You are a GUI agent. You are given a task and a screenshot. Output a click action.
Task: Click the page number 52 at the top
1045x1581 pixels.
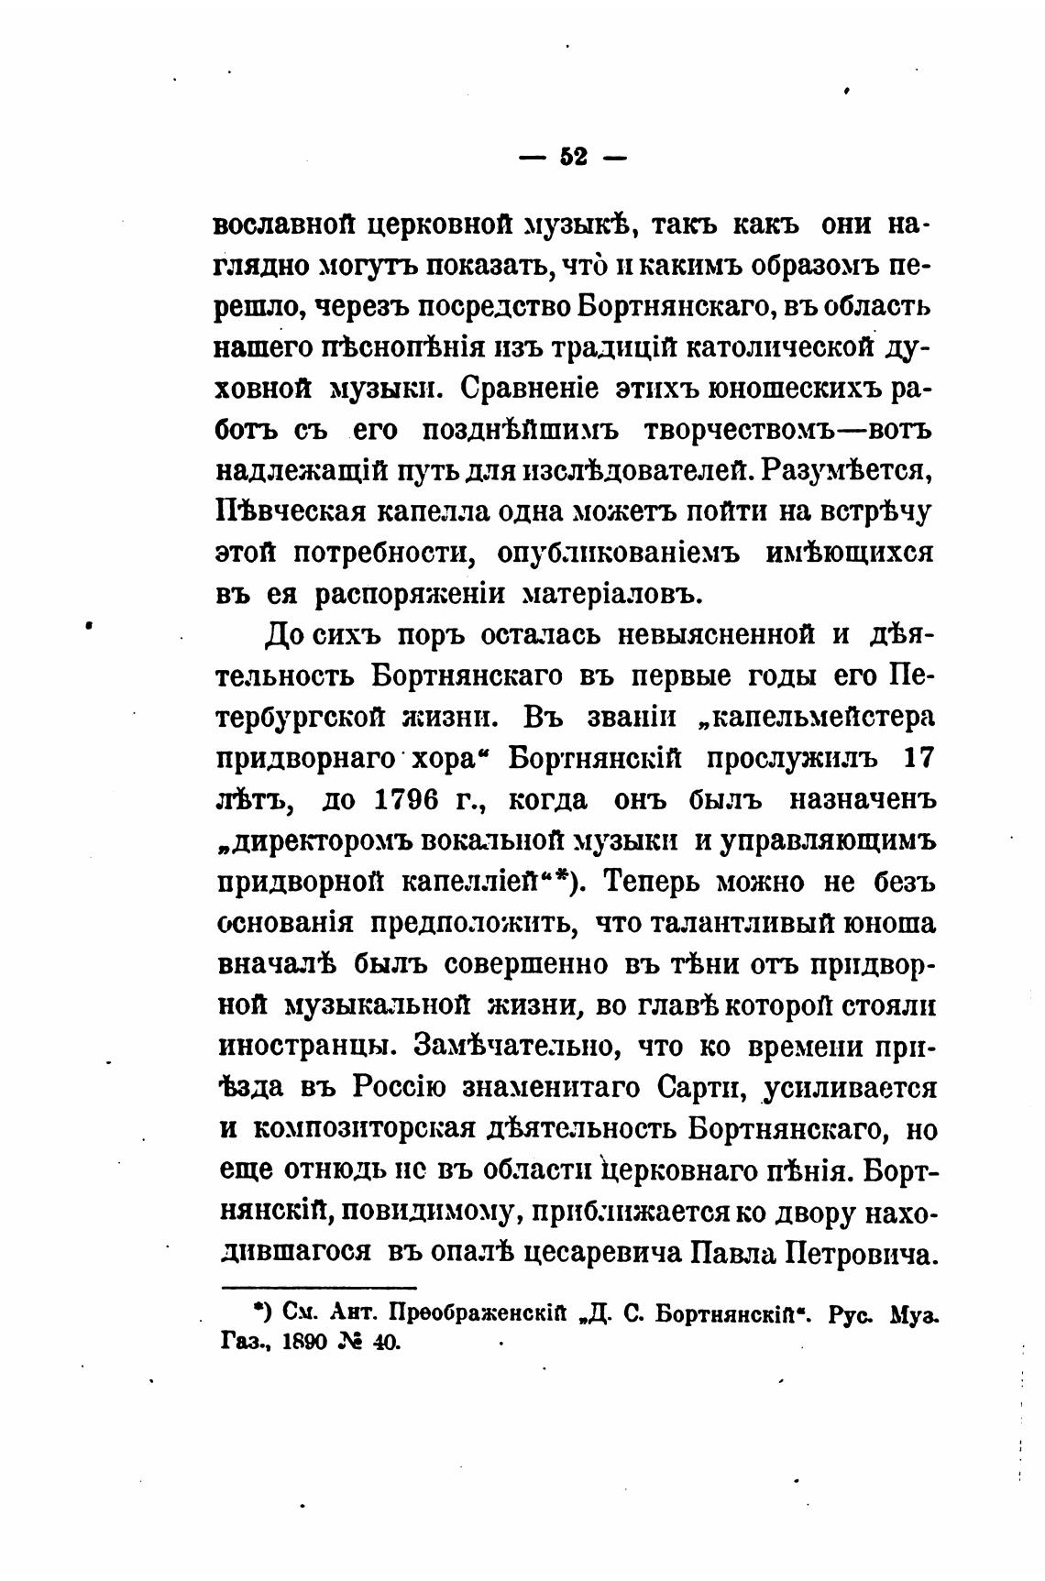(573, 158)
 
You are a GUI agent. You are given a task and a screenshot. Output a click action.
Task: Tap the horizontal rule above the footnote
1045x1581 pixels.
(318, 1288)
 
